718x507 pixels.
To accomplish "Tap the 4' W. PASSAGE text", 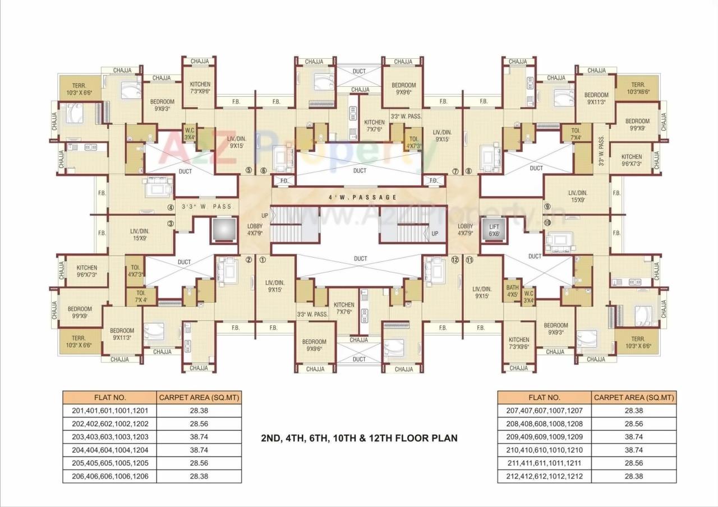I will pos(363,197).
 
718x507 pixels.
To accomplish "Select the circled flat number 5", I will pos(248,171).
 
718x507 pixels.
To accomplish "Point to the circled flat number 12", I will pos(454,260).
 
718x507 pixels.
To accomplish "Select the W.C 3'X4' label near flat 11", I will pos(528,296).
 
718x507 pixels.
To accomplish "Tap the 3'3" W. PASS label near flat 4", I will pos(206,207).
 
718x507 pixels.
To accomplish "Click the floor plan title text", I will pos(359,438).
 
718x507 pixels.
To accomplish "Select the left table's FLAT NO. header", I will pos(110,398).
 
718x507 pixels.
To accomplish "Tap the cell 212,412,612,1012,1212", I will pos(545,476).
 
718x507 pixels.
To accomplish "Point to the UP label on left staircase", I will pos(265,216).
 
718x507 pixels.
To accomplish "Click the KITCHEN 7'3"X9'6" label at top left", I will pos(200,87).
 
